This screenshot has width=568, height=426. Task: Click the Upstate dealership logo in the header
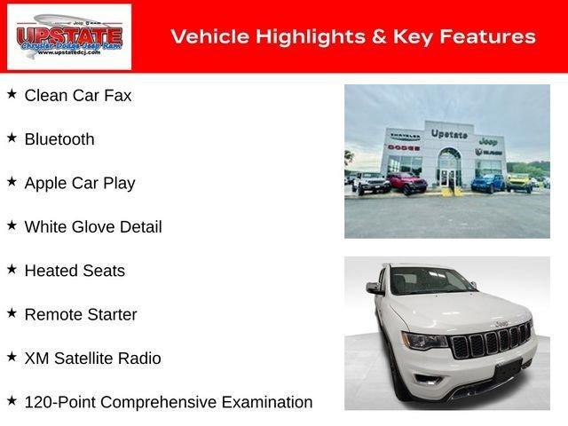(69, 36)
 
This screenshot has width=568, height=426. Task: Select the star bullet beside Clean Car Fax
(12, 94)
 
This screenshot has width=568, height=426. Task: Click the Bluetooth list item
(59, 139)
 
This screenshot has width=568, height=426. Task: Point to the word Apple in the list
(45, 184)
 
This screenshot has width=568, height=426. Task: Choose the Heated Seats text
(75, 271)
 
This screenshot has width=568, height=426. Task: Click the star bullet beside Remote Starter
(12, 312)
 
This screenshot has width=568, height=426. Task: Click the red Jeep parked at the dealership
(406, 184)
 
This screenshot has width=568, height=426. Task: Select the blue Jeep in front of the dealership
(487, 183)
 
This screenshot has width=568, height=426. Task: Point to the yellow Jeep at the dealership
(517, 182)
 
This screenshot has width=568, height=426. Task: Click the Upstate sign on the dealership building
(449, 134)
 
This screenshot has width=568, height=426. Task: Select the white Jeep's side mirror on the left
(375, 288)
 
